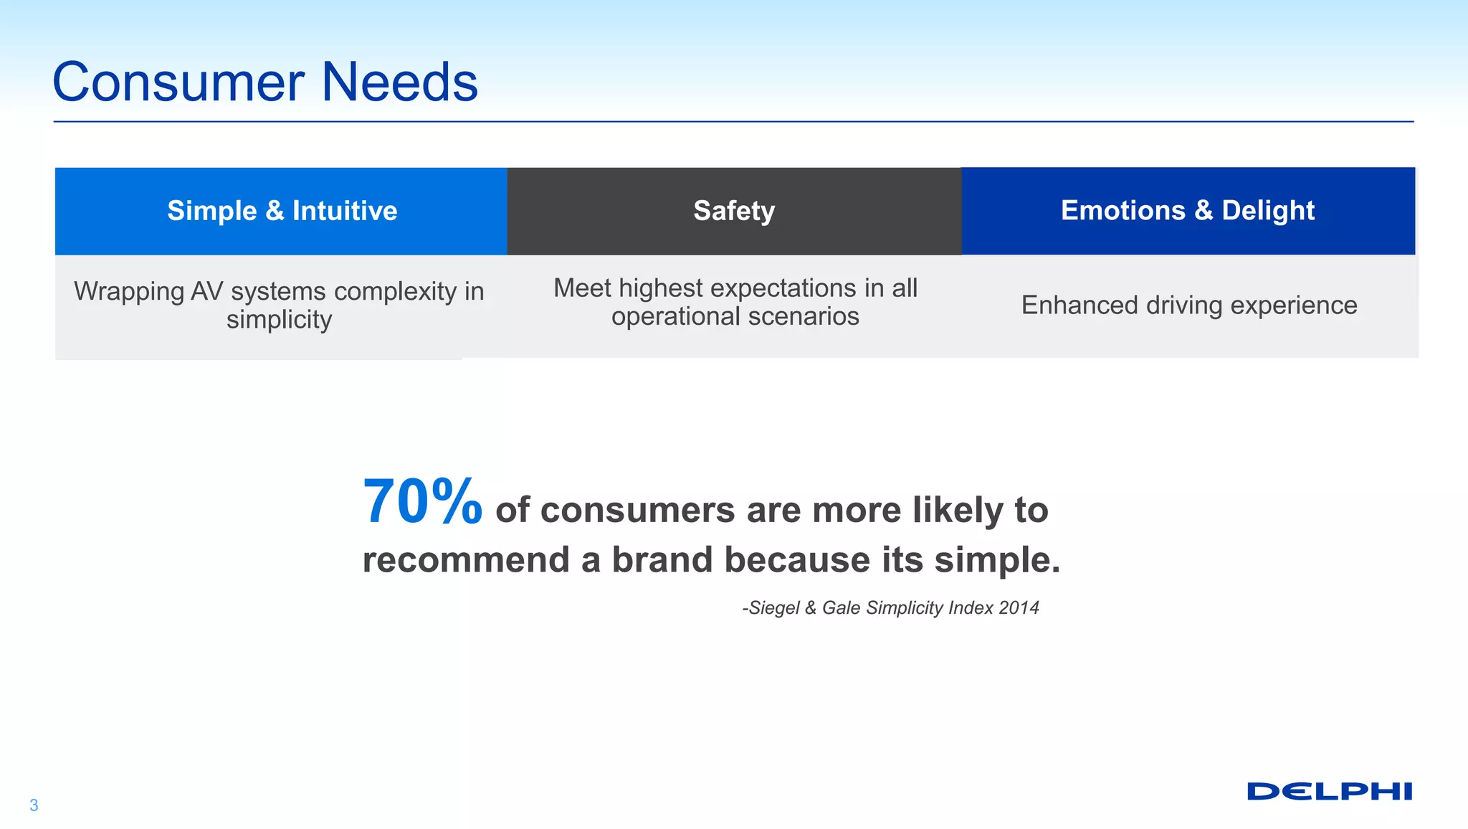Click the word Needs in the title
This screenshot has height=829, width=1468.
pyautogui.click(x=399, y=82)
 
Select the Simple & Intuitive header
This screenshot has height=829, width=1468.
pyautogui.click(x=282, y=211)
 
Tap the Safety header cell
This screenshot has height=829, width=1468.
pyautogui.click(x=734, y=211)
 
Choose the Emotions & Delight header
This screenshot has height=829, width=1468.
pyautogui.click(x=1188, y=211)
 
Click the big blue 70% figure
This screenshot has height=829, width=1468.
pyautogui.click(x=422, y=502)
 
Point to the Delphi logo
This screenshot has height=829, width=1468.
pyautogui.click(x=1329, y=792)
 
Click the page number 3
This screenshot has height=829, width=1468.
pyautogui.click(x=34, y=805)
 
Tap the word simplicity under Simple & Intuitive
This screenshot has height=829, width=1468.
pyautogui.click(x=279, y=320)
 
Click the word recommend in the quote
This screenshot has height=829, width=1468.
pyautogui.click(x=466, y=560)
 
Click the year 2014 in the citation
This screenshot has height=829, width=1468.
pyautogui.click(x=1019, y=608)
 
